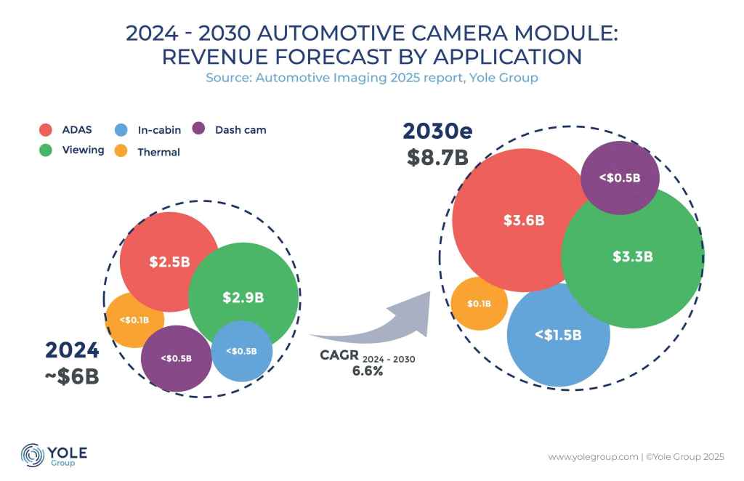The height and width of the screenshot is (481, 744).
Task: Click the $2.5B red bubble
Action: coord(169,262)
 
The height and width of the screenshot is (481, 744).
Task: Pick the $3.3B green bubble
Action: coord(632,256)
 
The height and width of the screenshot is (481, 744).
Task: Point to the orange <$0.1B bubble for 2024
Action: coord(134,318)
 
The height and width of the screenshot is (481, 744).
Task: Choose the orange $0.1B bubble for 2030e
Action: coord(479,304)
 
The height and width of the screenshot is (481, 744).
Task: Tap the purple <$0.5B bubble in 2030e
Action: coord(620,178)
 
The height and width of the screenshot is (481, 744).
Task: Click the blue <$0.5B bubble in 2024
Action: coord(241,352)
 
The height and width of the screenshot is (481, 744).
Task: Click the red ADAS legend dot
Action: coord(46,131)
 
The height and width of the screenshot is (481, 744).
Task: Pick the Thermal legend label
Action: coord(158,153)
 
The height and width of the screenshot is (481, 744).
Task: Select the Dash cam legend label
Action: coord(240,131)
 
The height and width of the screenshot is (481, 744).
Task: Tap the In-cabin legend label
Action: coord(159,131)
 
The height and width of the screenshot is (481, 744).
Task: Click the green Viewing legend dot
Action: coord(46,150)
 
